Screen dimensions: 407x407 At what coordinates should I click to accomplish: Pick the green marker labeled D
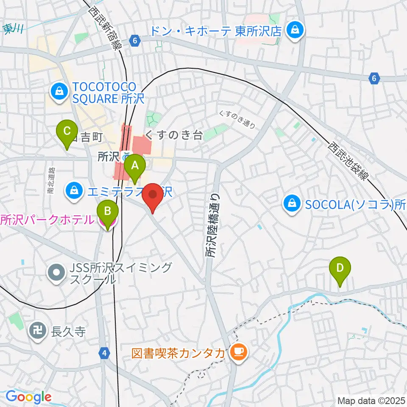click(340, 269)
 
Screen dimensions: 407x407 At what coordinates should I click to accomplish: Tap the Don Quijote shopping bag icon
click(293, 30)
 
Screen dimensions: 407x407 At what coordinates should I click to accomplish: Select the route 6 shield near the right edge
click(374, 78)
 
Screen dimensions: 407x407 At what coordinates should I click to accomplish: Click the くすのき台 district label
click(173, 135)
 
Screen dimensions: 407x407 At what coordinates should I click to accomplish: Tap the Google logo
click(28, 397)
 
